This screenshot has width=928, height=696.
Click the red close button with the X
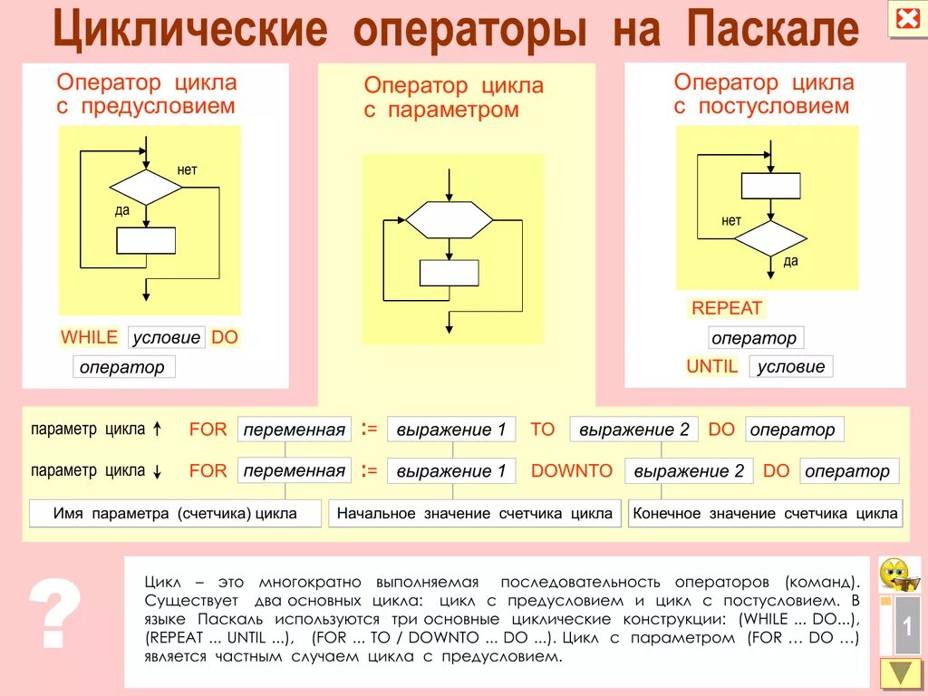coord(905,19)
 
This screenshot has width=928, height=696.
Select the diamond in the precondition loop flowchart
coord(146,188)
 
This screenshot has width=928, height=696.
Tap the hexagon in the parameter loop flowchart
coord(449,219)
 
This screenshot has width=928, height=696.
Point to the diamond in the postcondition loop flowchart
coord(770,238)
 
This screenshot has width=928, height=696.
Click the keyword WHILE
coord(89,337)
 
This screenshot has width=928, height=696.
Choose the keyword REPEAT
coord(727,308)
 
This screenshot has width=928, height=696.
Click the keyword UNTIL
coord(712,366)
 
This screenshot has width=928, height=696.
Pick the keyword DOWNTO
coord(572,470)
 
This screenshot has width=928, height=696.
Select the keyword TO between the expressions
coord(542,430)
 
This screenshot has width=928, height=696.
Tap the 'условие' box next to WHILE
coord(167,337)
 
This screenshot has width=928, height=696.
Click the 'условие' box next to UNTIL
coord(790,366)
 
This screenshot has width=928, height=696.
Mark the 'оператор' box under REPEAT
coord(755,338)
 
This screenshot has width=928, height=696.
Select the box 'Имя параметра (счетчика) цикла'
coord(175,514)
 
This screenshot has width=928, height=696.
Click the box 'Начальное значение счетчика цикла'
coord(475,514)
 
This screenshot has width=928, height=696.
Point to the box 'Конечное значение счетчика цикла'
coord(766,514)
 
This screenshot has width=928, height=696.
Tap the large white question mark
coord(55,616)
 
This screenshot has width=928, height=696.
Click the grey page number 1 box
coord(907,626)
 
